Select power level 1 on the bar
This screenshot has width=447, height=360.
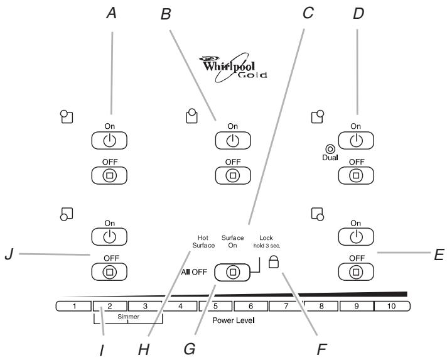tap(73, 307)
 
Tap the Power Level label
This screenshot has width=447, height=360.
tap(233, 320)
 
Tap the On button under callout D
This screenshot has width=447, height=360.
tap(356, 139)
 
